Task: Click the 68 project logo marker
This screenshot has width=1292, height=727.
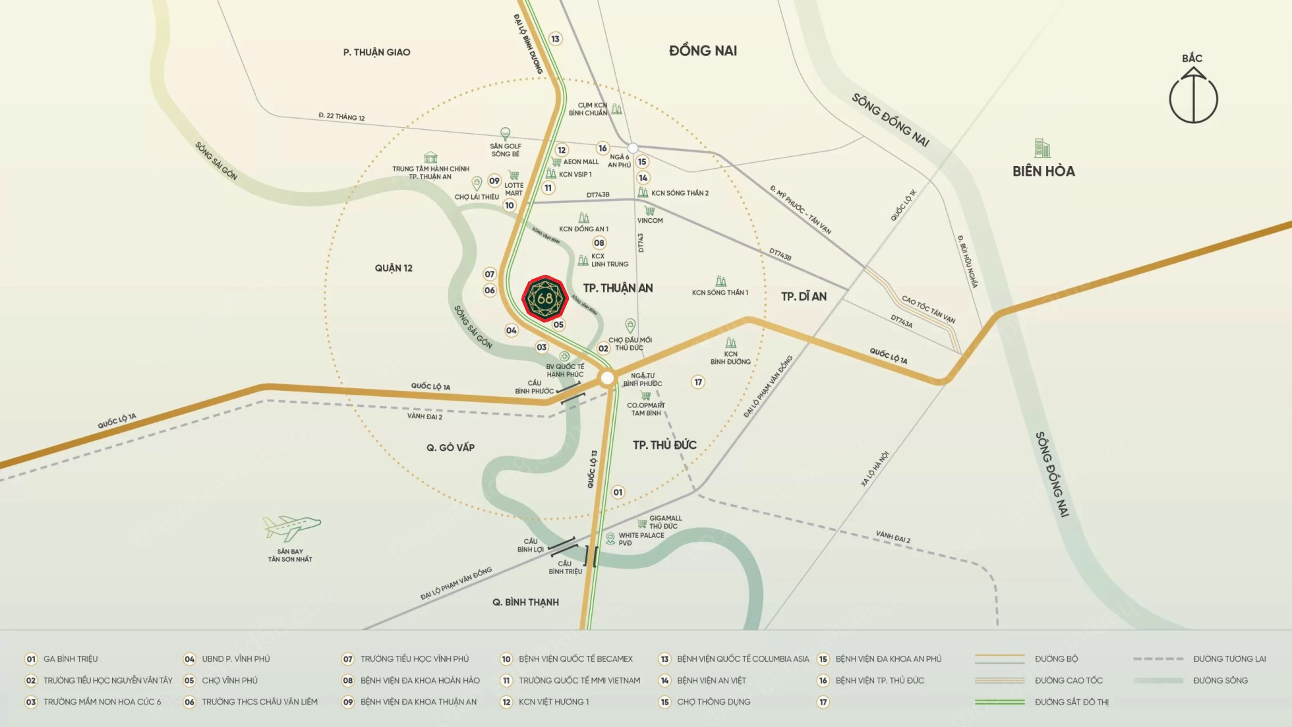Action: click(x=545, y=299)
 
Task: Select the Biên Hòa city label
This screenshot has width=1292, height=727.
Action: click(x=1043, y=171)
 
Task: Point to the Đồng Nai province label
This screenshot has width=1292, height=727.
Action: click(x=703, y=51)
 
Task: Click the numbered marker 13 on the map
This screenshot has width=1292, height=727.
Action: click(x=555, y=39)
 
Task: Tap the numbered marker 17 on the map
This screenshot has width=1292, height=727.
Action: click(x=698, y=382)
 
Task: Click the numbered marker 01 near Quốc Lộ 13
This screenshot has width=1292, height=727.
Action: click(x=618, y=492)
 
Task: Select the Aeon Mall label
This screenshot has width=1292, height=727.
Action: click(x=581, y=161)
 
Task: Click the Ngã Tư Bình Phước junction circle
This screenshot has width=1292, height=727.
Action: click(x=608, y=378)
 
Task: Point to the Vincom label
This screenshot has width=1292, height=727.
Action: click(x=650, y=220)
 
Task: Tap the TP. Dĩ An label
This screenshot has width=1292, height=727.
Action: click(x=804, y=297)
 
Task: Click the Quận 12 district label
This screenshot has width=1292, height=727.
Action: click(x=394, y=268)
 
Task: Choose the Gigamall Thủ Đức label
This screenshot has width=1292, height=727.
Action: click(x=664, y=522)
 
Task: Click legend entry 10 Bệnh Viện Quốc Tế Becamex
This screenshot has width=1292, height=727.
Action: click(x=575, y=659)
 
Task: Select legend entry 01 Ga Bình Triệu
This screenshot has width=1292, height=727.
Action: click(x=70, y=659)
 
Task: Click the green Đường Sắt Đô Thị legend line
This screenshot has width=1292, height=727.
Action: click(x=1000, y=702)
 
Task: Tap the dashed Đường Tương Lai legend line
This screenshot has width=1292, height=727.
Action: click(x=1158, y=659)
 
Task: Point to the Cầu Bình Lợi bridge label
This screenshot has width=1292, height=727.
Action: click(x=530, y=545)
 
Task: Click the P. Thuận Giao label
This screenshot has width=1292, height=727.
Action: click(x=376, y=52)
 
